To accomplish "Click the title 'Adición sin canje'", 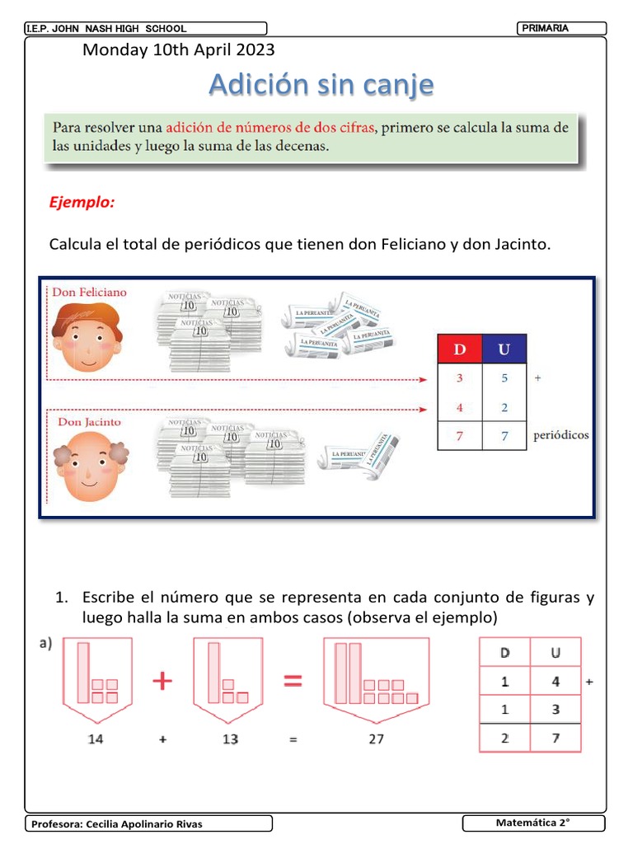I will click(x=320, y=84).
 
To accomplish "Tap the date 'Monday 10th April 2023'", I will click(x=179, y=50).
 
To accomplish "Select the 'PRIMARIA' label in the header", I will click(x=545, y=29).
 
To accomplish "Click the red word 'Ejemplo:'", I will click(x=81, y=202).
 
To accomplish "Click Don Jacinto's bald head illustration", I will click(x=88, y=466).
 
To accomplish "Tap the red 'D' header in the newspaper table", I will click(x=458, y=349).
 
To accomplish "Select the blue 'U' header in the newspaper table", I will click(x=504, y=349).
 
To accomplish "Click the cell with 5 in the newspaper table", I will click(x=504, y=378).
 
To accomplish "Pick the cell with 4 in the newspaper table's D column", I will click(x=458, y=407).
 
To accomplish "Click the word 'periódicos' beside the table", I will click(x=560, y=435).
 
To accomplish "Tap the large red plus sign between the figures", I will click(x=163, y=681).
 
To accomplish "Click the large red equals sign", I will click(x=293, y=681).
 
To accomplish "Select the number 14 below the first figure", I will click(x=96, y=739).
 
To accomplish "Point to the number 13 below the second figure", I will click(x=230, y=739).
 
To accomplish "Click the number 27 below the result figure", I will click(x=376, y=739).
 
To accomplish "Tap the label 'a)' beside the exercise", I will click(x=45, y=645).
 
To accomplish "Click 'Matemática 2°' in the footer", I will click(x=533, y=823).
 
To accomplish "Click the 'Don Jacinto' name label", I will click(x=89, y=422).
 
